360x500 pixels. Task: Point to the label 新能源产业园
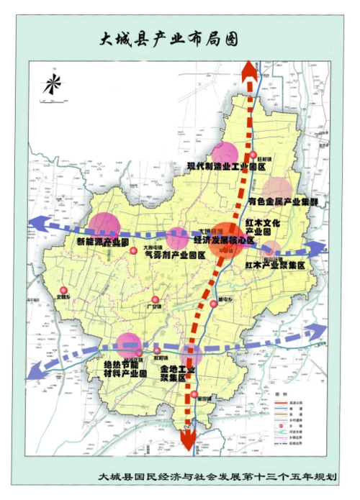click(102, 242)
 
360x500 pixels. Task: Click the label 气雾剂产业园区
click(175, 254)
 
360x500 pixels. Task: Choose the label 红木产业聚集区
click(275, 265)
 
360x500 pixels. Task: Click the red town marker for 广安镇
click(154, 300)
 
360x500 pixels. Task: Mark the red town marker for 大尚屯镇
click(132, 250)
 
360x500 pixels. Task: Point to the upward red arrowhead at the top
click(249, 71)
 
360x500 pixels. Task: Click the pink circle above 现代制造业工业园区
click(225, 153)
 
